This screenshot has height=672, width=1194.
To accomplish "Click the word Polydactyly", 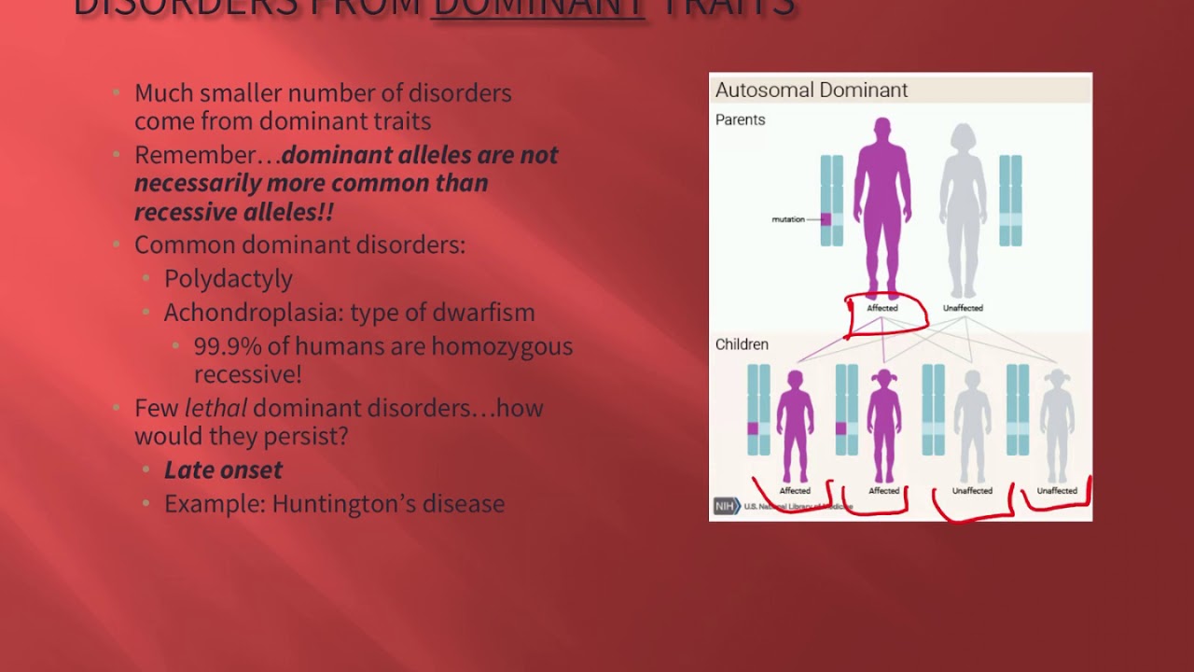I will [x=228, y=279].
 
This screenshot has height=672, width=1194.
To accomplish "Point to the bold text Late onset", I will [x=223, y=469].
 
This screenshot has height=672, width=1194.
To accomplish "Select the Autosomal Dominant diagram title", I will [x=811, y=91].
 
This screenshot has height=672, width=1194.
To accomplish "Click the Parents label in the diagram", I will [x=740, y=119].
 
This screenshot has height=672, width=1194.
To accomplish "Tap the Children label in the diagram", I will [x=742, y=344].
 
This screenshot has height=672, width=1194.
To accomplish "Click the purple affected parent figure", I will [x=882, y=205].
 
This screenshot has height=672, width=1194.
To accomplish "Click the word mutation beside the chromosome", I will [x=788, y=219].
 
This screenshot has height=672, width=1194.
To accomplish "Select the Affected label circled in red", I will [x=882, y=308].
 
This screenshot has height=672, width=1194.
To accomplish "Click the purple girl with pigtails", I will [x=883, y=425].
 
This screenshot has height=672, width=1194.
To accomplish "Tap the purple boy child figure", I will [x=795, y=425].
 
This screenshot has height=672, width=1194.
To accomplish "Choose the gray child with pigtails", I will [x=1057, y=425].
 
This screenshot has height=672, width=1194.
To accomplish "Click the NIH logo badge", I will [x=726, y=506].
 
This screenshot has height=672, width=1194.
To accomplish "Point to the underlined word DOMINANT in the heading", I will [x=539, y=7].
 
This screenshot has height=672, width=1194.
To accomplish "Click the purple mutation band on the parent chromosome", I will [x=826, y=219].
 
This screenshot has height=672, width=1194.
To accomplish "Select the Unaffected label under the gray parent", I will [x=963, y=308].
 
